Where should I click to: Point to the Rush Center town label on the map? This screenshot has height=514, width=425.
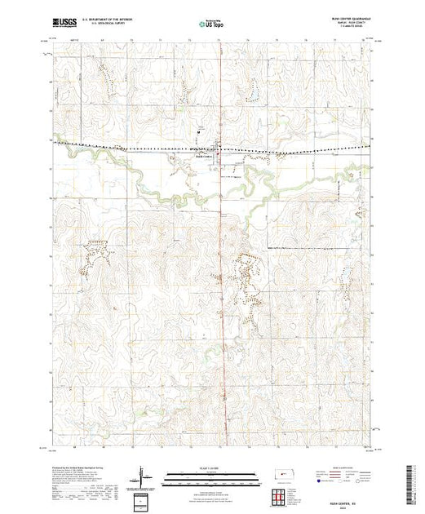tap(203, 158)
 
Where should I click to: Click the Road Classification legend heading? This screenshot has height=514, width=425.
tap(338, 467)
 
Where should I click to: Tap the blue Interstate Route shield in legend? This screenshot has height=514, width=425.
tap(318, 481)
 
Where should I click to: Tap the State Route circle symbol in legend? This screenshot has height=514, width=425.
tap(356, 481)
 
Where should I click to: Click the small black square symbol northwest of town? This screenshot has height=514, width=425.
tap(197, 131)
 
